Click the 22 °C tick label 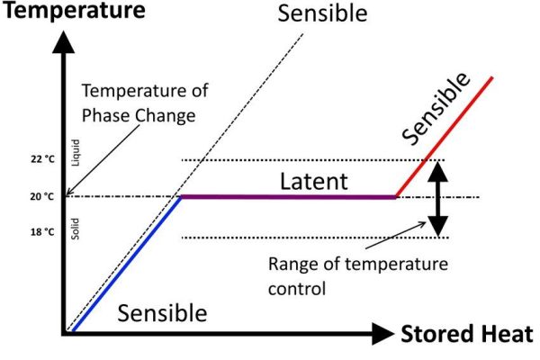pyautogui.click(x=42, y=159)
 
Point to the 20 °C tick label pyautogui.click(x=42, y=196)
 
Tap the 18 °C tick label pyautogui.click(x=42, y=232)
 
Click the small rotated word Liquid pyautogui.click(x=76, y=153)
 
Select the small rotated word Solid pyautogui.click(x=75, y=229)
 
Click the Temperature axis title pyautogui.click(x=74, y=10)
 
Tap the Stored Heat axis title pyautogui.click(x=467, y=334)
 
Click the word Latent pyautogui.click(x=314, y=181)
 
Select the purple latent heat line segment pyautogui.click(x=289, y=197)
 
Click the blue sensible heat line pyautogui.click(x=127, y=264)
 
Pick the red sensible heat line pyautogui.click(x=445, y=137)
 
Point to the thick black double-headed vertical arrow pyautogui.click(x=437, y=199)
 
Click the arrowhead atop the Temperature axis pyautogui.click(x=63, y=42)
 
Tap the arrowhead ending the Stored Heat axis pyautogui.click(x=383, y=334)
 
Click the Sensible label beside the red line pyautogui.click(x=436, y=109)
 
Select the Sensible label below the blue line pyautogui.click(x=162, y=313)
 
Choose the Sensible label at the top pyautogui.click(x=322, y=13)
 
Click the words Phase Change pyautogui.click(x=139, y=115)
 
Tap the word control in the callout pyautogui.click(x=297, y=288)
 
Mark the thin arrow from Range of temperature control pyautogui.click(x=396, y=235)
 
